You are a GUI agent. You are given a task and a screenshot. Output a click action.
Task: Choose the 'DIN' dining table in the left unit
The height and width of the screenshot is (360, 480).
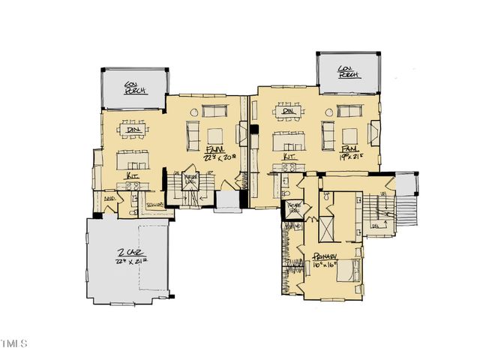coord(133,128)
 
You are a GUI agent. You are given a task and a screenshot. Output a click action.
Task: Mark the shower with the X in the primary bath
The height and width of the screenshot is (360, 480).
coord(328,226)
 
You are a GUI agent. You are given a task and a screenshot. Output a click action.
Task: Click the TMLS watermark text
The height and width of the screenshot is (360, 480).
coord(13,344)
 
